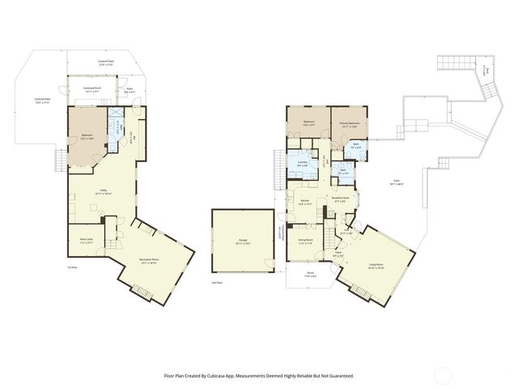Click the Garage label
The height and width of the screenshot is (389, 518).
pyautogui.click(x=243, y=241)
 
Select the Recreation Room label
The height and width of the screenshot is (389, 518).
pyautogui.click(x=150, y=260)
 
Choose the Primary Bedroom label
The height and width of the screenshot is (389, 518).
pyautogui.click(x=349, y=123)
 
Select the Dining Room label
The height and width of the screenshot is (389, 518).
pyautogui.click(x=305, y=240)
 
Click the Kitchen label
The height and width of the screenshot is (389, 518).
pyautogui.click(x=305, y=202)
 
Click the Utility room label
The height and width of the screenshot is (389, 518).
pyautogui.click(x=104, y=191)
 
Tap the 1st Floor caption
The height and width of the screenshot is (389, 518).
pyautogui.click(x=71, y=266)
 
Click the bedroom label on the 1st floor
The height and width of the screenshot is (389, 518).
pyautogui.click(x=87, y=137)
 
